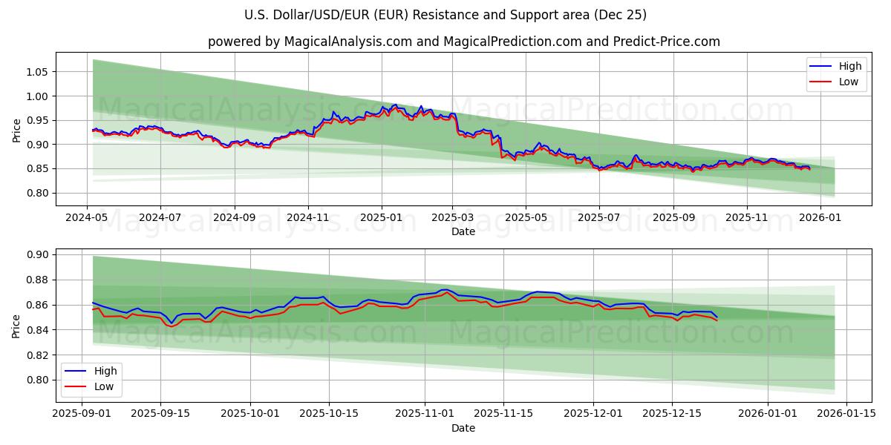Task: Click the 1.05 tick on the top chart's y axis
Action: click(x=38, y=72)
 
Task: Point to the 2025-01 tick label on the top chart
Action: click(x=382, y=218)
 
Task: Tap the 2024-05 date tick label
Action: click(x=87, y=218)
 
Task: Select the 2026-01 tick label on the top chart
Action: click(x=820, y=218)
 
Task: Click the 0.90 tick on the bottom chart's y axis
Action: click(x=38, y=254)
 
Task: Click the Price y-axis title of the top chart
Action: click(x=17, y=131)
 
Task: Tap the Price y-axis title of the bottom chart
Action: click(x=17, y=326)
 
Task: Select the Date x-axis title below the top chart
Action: click(x=463, y=231)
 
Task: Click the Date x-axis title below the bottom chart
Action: click(x=463, y=428)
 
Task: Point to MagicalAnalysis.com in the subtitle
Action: click(x=348, y=42)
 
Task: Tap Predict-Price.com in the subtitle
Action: click(x=665, y=42)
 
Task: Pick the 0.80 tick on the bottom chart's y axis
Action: click(x=38, y=380)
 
